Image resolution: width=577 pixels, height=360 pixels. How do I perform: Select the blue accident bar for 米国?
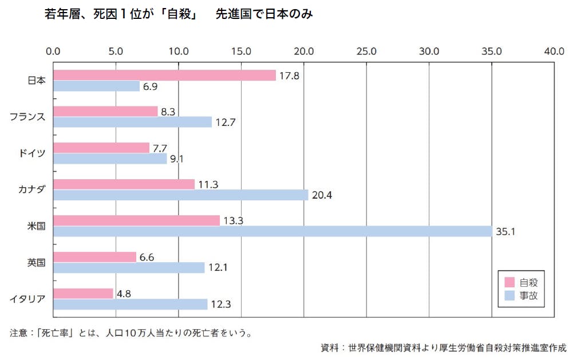pos(272,231)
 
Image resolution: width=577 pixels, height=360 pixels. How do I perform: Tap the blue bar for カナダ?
pos(180,195)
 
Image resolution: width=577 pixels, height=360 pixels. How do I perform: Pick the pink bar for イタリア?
pos(83,294)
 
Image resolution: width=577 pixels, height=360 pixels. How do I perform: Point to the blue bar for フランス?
pos(132,122)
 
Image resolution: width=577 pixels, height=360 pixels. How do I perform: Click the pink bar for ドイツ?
pos(101,148)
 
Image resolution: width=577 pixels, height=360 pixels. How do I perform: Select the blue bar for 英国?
pos(129,268)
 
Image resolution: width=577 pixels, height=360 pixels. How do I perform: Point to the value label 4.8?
pos(124,294)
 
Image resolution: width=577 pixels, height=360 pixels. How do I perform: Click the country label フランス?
pos(27,117)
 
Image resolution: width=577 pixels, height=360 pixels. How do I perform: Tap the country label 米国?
pos(36,226)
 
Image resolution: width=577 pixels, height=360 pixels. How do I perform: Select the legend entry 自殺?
pos(528,282)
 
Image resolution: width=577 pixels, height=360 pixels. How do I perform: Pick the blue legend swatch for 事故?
pos(509,296)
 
